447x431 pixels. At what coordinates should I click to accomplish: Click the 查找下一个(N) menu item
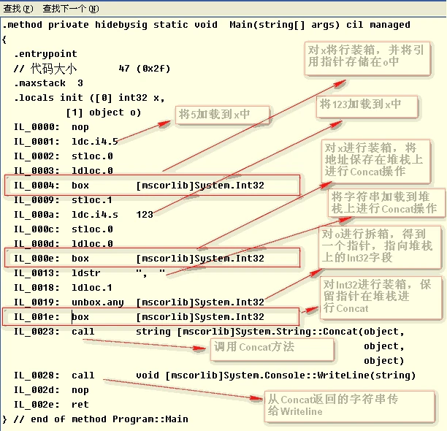tap(71, 9)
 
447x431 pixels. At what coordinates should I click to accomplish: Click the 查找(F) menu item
tap(18, 9)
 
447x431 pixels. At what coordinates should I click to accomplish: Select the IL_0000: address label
tap(37, 127)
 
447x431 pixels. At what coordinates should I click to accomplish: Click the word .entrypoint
tap(45, 54)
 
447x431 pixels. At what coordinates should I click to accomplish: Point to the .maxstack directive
tap(40, 83)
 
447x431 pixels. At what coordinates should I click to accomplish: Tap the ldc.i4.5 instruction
tap(95, 142)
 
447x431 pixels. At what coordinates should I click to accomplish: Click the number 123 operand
tap(145, 214)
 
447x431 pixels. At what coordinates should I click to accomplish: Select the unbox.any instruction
tap(97, 302)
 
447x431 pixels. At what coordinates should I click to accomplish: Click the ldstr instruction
tap(85, 273)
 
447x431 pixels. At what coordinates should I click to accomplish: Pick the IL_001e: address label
tap(37, 317)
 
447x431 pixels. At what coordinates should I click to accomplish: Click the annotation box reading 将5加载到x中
tap(222, 115)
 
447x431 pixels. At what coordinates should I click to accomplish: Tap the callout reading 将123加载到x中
tap(367, 107)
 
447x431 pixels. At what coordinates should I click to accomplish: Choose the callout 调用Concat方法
tap(272, 349)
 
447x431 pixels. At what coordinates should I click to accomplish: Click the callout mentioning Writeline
tap(350, 406)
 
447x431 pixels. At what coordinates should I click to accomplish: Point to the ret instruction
tap(80, 405)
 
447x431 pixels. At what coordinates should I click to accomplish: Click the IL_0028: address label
tap(37, 375)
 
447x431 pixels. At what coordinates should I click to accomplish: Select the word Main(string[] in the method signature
tap(267, 25)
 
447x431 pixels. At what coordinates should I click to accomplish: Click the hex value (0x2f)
tap(153, 69)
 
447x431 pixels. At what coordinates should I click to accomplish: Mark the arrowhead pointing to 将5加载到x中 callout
tap(164, 123)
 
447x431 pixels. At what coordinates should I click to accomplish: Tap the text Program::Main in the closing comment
tap(150, 419)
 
